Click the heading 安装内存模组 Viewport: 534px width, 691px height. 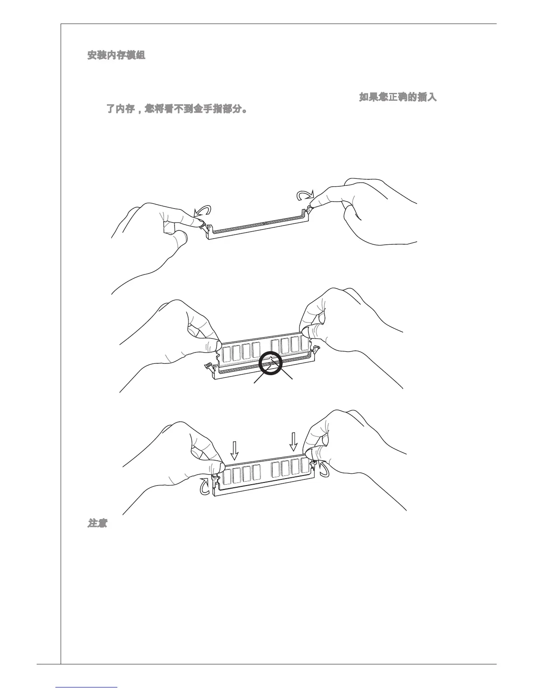pyautogui.click(x=116, y=55)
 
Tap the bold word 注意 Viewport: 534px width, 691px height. pyautogui.click(x=97, y=523)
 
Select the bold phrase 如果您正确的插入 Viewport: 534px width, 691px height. pyautogui.click(x=397, y=97)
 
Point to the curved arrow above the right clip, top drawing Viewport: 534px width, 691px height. pyautogui.click(x=304, y=195)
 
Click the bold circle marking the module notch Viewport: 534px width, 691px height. pyautogui.click(x=270, y=363)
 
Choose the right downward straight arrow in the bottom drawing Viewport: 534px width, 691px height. pyautogui.click(x=294, y=441)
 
